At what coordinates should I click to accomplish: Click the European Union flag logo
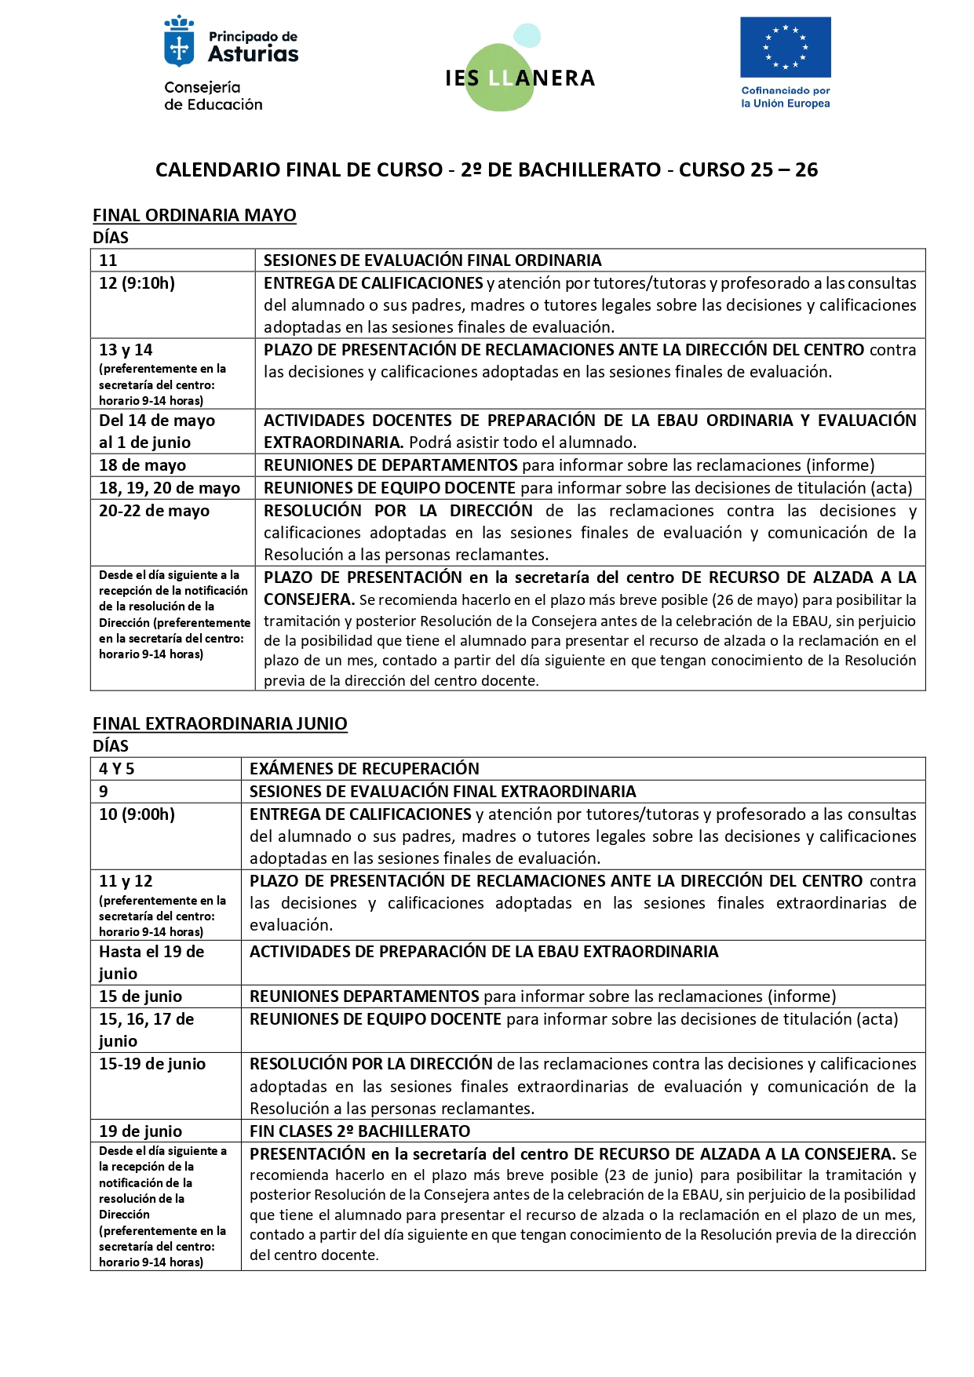pos(785,47)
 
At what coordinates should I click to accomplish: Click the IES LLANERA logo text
pos(520,78)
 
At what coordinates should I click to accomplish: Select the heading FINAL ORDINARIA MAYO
pos(194,215)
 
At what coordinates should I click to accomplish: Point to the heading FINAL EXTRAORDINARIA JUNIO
pos(220,723)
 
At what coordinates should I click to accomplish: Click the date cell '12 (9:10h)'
pos(137,283)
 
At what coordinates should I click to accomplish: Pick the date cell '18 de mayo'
pos(143,465)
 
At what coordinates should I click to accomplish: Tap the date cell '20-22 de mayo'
pos(155,511)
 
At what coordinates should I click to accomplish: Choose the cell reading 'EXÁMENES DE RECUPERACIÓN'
pos(364,769)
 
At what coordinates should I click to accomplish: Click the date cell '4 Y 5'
pos(117,769)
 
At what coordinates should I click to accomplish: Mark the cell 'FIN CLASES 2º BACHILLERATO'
pos(359,1131)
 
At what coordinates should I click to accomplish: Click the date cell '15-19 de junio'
pos(152,1064)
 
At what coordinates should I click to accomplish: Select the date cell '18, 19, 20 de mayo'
pos(170,488)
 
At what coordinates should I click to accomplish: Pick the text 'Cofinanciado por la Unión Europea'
pos(785,97)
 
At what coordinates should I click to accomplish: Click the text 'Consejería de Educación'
pos(213,96)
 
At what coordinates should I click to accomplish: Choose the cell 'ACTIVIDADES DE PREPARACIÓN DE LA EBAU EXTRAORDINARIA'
pos(483,952)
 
